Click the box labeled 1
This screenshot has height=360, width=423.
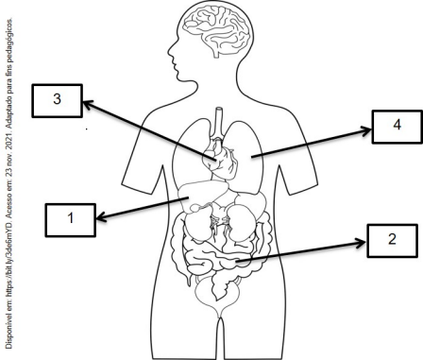point(70,220)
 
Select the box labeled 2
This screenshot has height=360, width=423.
point(392,241)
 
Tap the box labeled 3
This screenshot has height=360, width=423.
point(57,101)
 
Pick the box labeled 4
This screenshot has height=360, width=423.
point(398,127)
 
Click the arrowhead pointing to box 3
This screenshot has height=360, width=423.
point(88,105)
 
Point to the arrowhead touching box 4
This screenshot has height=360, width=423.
point(365,130)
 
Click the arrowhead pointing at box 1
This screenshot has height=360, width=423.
point(102,217)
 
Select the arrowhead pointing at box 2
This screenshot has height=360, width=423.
point(361,243)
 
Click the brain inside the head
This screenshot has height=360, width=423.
point(217,30)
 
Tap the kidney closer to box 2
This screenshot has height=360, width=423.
point(240,223)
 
